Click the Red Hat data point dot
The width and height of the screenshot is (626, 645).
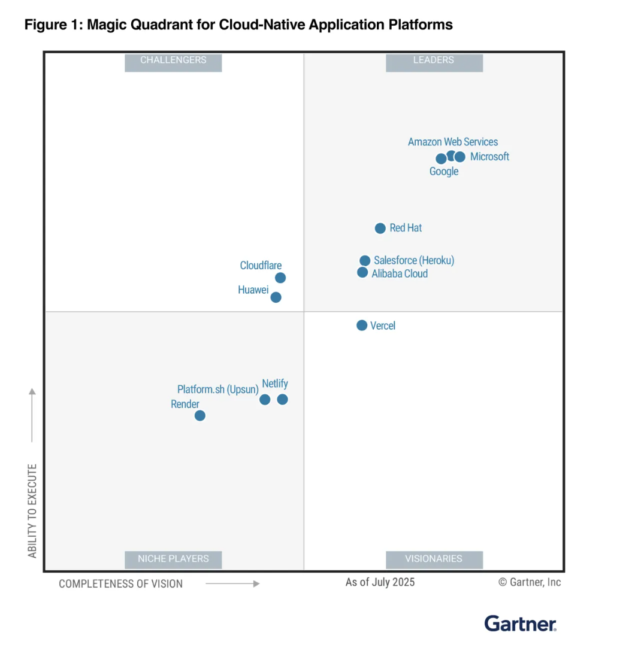pyautogui.click(x=380, y=228)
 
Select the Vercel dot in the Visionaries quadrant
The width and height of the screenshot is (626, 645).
pyautogui.click(x=362, y=325)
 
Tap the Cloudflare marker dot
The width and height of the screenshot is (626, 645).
pyautogui.click(x=280, y=278)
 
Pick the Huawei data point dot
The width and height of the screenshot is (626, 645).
pyautogui.click(x=276, y=297)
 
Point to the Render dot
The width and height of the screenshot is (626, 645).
pyautogui.click(x=200, y=415)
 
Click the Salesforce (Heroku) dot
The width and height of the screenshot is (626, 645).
pyautogui.click(x=365, y=260)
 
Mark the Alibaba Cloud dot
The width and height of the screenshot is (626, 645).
pyautogui.click(x=362, y=273)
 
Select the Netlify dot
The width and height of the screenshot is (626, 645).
pyautogui.click(x=282, y=399)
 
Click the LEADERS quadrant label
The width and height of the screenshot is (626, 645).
pyautogui.click(x=434, y=60)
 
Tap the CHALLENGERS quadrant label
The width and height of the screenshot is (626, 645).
pyautogui.click(x=173, y=60)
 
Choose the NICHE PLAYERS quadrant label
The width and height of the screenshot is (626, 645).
pyautogui.click(x=173, y=559)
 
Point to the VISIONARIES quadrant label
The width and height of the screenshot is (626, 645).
pyautogui.click(x=434, y=559)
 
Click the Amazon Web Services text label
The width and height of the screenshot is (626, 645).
pyautogui.click(x=453, y=142)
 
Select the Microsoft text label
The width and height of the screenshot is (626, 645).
pyautogui.click(x=489, y=157)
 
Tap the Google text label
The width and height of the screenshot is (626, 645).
pyautogui.click(x=444, y=172)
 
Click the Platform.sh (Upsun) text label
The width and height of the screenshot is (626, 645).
pyautogui.click(x=217, y=390)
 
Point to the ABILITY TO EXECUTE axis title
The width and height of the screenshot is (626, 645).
pyautogui.click(x=32, y=510)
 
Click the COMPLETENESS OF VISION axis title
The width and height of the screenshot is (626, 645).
pyautogui.click(x=120, y=583)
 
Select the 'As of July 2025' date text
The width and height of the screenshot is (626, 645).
pyautogui.click(x=380, y=582)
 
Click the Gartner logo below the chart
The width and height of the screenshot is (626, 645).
pyautogui.click(x=520, y=623)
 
